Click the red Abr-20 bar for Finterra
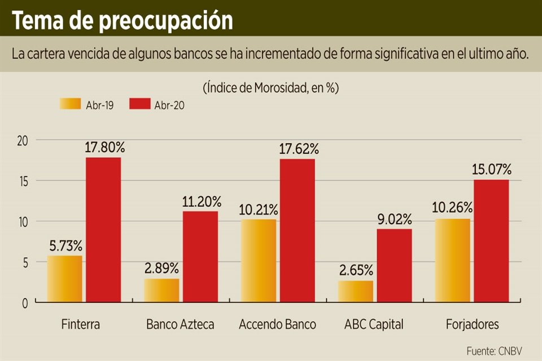103,230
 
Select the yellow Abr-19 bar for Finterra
64,279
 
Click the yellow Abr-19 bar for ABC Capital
356,291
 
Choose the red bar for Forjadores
491,241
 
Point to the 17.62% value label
299,149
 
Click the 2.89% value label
161,268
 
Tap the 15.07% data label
492,169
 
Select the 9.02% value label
395,219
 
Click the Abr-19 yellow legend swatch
70,104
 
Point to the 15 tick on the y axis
22,181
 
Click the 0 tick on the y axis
24,303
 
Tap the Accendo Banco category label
277,324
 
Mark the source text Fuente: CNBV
495,351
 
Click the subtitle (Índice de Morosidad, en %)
270,88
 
